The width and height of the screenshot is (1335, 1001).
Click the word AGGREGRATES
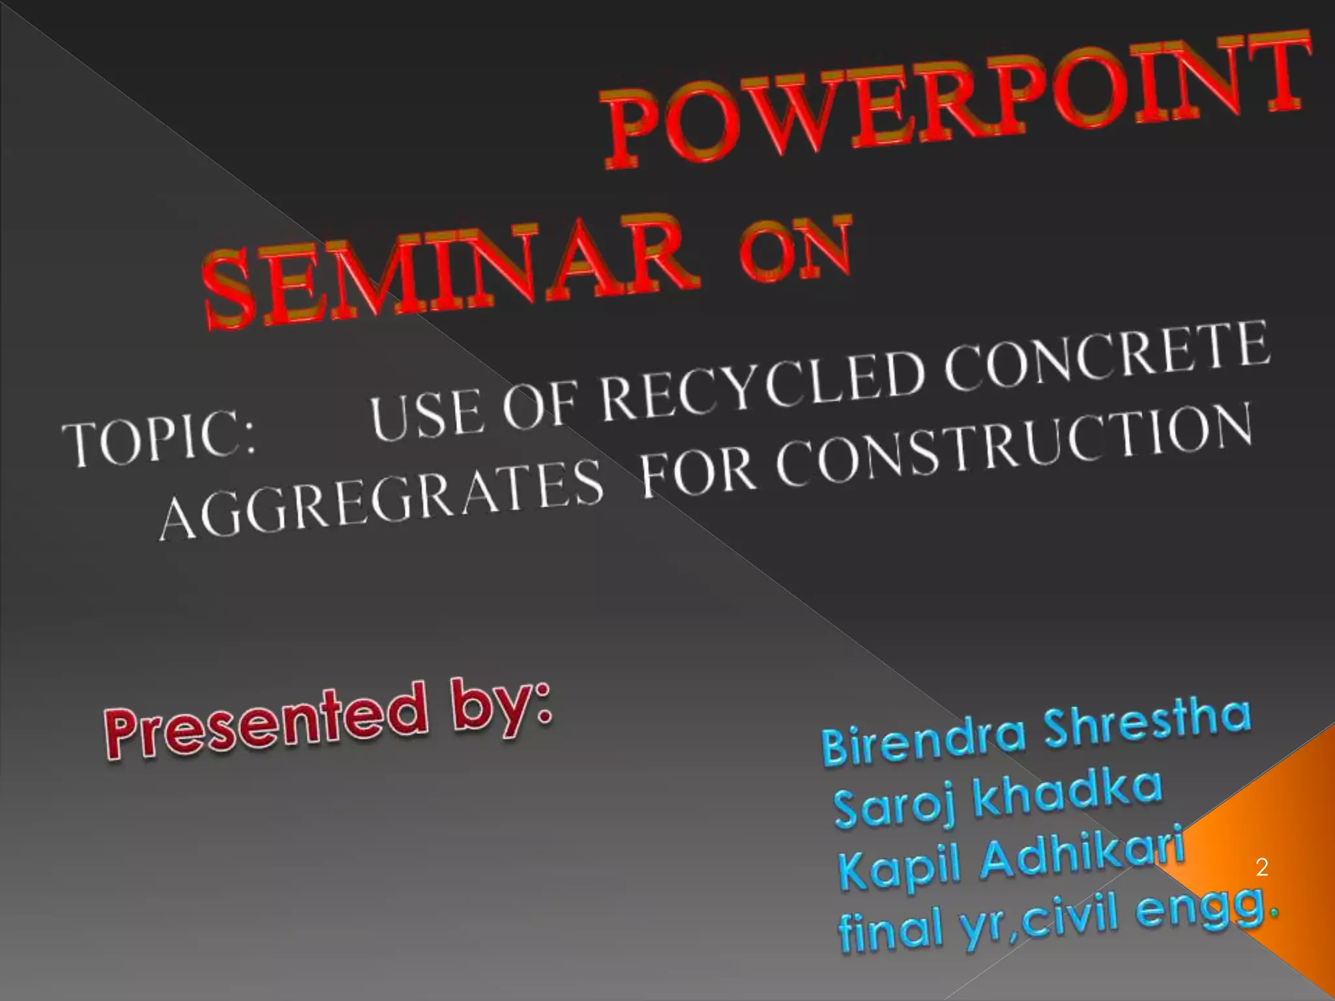381,499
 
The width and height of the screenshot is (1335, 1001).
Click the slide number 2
1261,867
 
